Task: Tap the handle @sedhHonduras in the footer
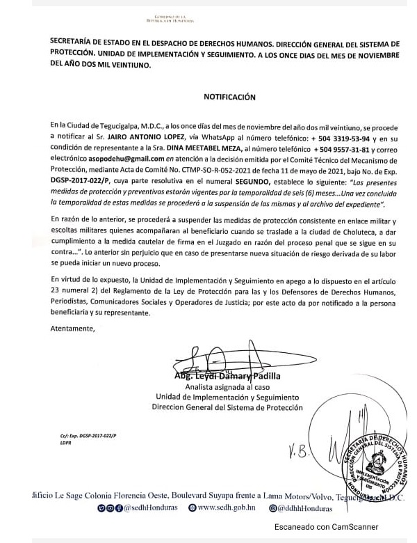tap(151, 507)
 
